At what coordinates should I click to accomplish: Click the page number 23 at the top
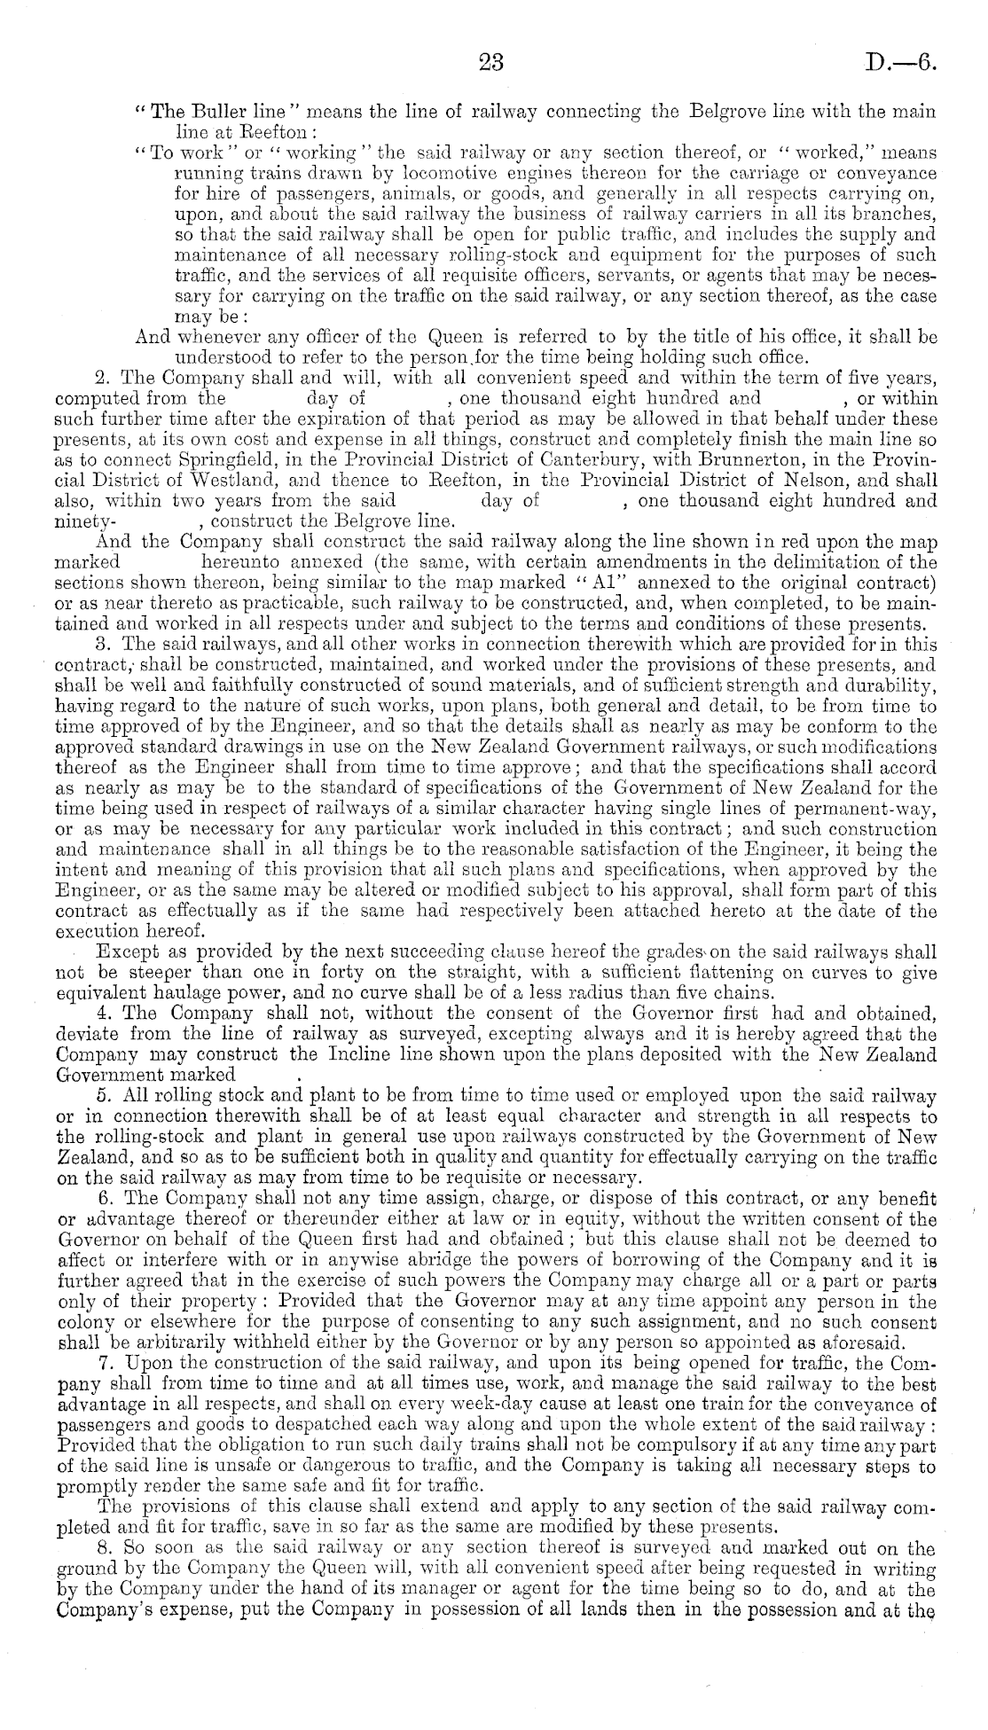point(490,63)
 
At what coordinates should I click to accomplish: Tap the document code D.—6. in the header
point(901,64)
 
